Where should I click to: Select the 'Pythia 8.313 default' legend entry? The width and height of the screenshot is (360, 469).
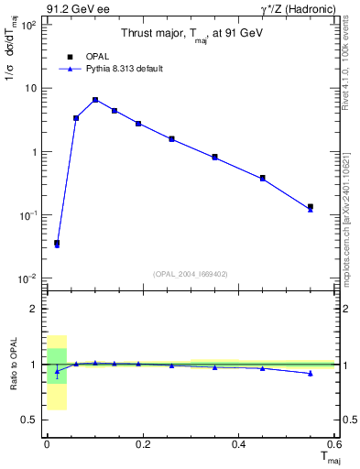pyautogui.click(x=110, y=69)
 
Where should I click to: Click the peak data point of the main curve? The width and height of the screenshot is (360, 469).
pyautogui.click(x=95, y=100)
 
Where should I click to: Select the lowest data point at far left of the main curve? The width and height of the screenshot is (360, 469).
pyautogui.click(x=57, y=244)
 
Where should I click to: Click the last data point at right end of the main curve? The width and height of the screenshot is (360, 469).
pyautogui.click(x=311, y=208)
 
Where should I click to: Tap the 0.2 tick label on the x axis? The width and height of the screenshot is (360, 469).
pyautogui.click(x=142, y=444)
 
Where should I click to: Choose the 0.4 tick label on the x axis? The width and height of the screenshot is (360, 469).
pyautogui.click(x=238, y=444)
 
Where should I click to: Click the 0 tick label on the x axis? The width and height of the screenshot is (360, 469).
pyautogui.click(x=47, y=444)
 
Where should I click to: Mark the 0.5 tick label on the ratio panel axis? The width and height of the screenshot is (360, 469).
pyautogui.click(x=28, y=420)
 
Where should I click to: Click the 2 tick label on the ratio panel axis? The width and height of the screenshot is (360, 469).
pyautogui.click(x=34, y=309)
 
